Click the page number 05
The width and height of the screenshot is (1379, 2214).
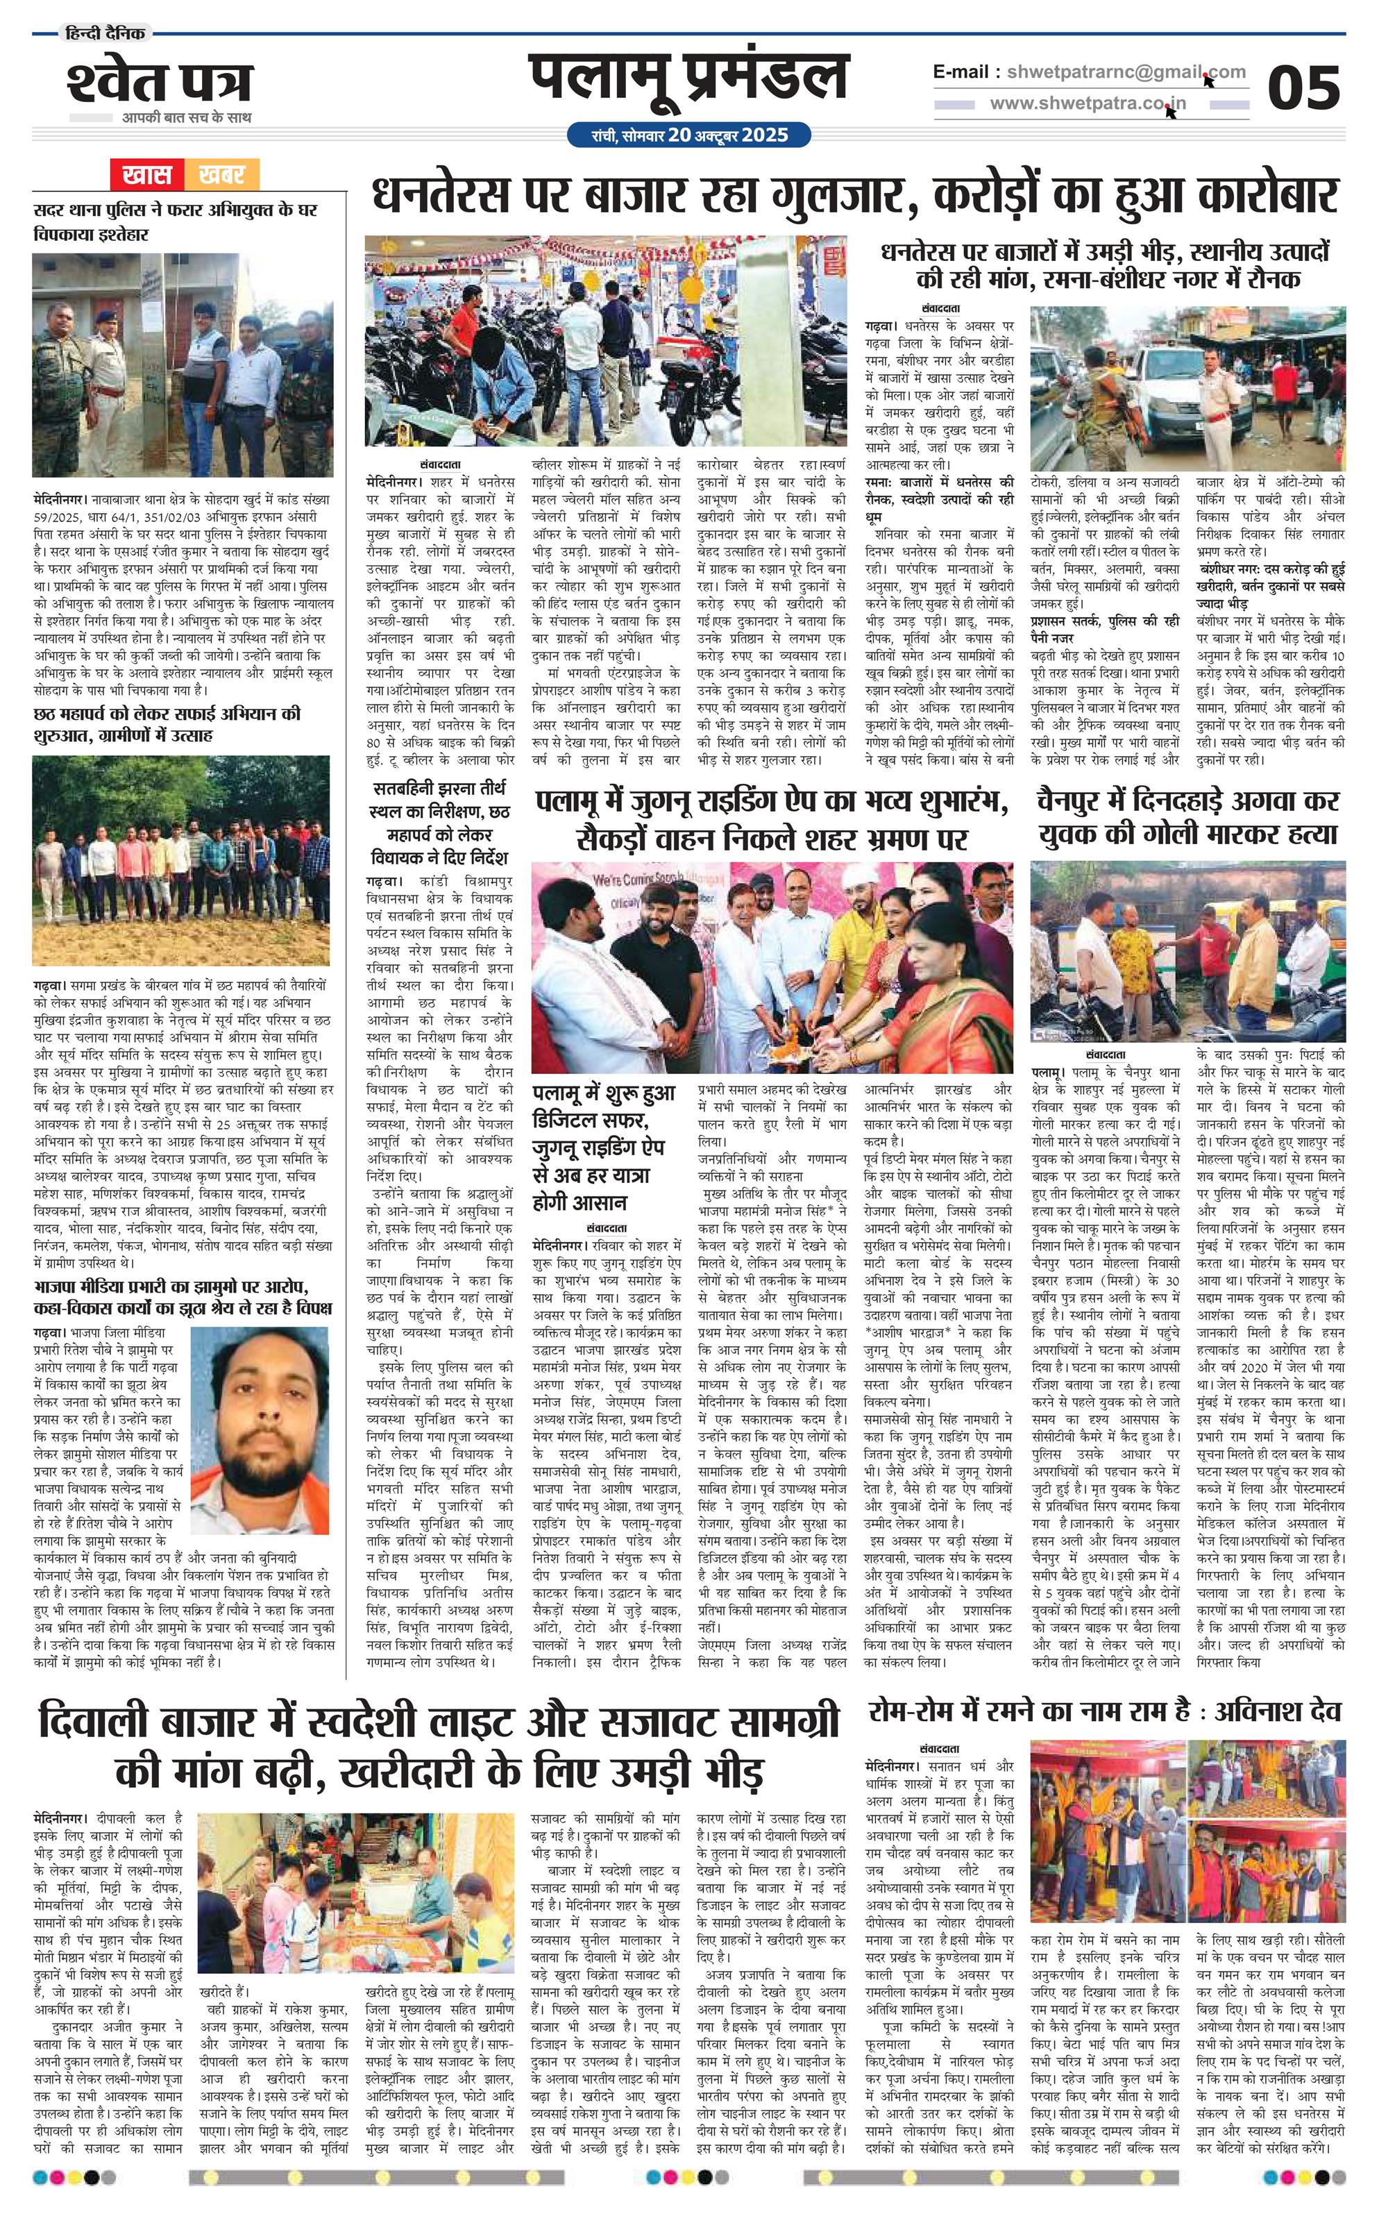(1303, 88)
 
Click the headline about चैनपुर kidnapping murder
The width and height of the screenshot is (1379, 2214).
(1187, 816)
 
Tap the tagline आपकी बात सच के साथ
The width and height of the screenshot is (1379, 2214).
(186, 118)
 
